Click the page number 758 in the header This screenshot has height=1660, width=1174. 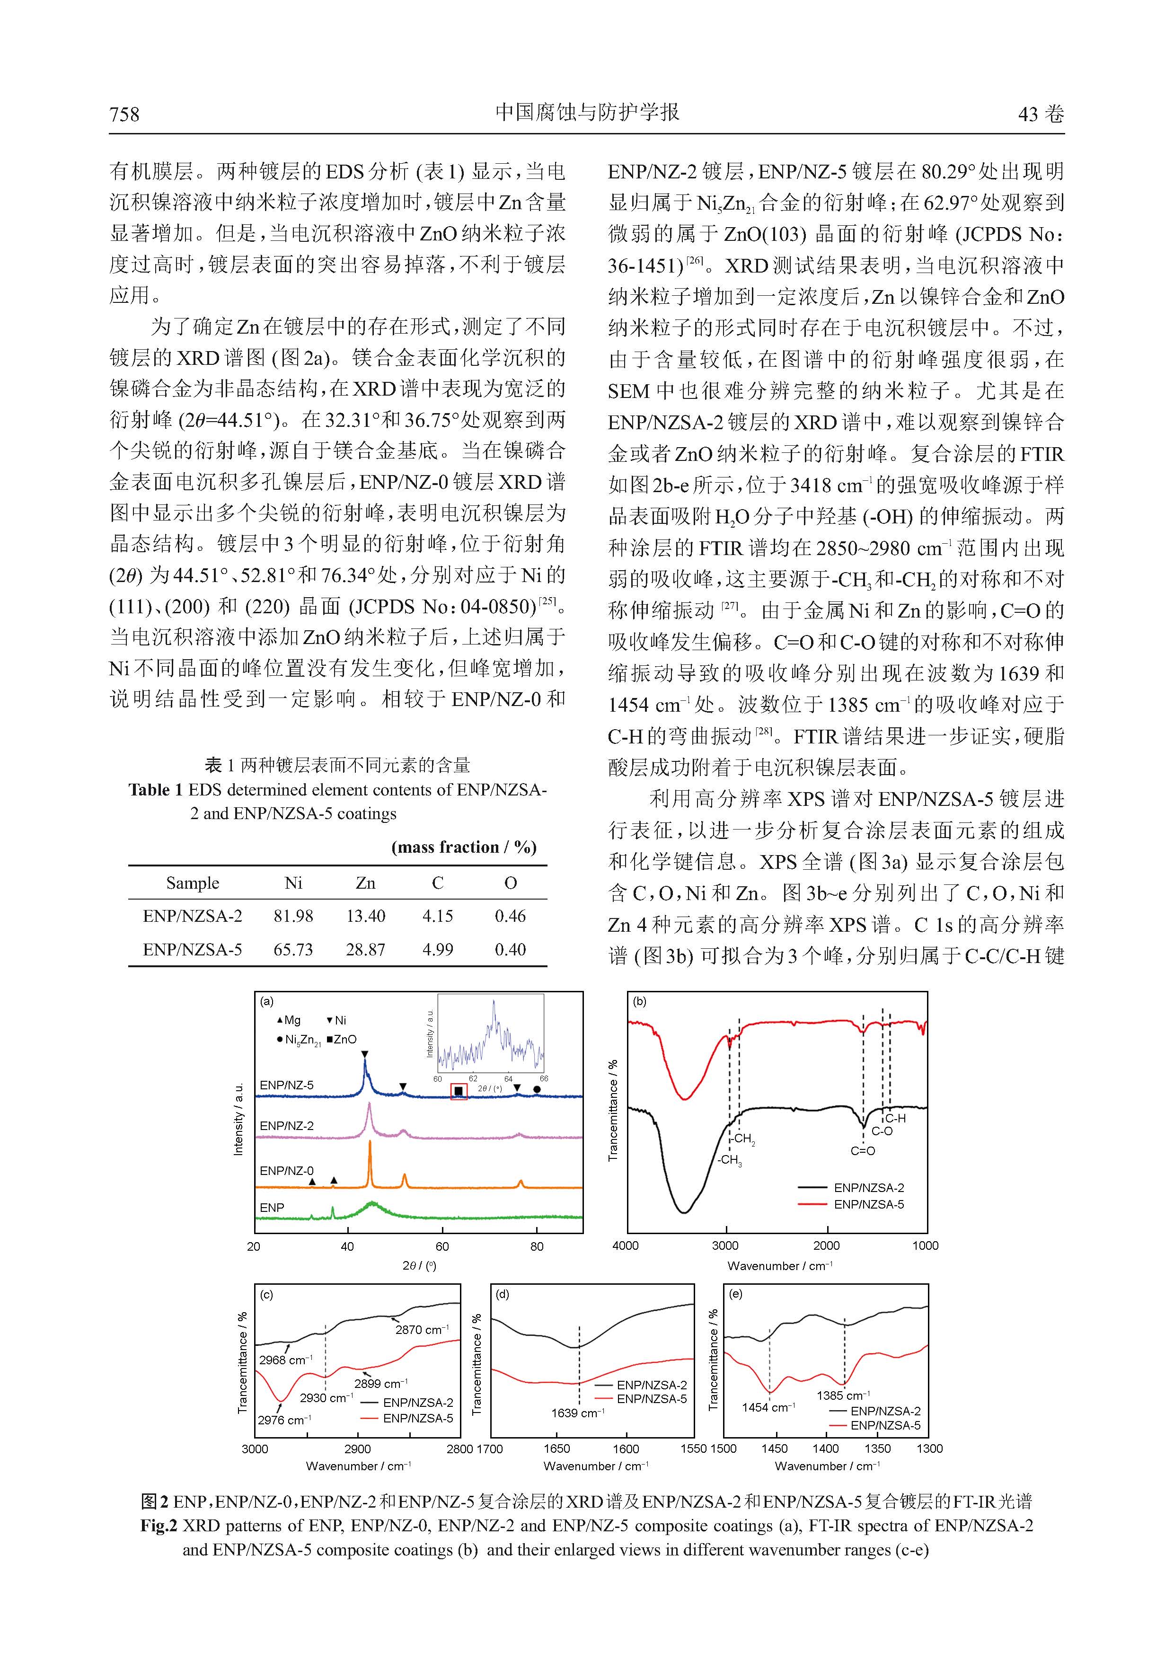click(124, 114)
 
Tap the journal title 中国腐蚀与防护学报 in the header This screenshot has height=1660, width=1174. click(587, 112)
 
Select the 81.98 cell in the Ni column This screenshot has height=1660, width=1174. click(293, 916)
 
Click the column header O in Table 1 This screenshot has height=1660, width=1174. click(511, 883)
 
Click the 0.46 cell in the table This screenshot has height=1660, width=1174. click(511, 916)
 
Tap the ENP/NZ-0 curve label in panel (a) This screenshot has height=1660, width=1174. click(286, 1171)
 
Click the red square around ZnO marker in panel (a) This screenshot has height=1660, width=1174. click(459, 1091)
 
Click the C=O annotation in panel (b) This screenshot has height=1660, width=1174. click(863, 1151)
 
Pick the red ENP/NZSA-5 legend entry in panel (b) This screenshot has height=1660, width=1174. click(867, 1204)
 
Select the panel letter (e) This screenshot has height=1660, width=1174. click(736, 1294)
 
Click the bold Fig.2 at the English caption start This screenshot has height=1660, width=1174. click(159, 1526)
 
